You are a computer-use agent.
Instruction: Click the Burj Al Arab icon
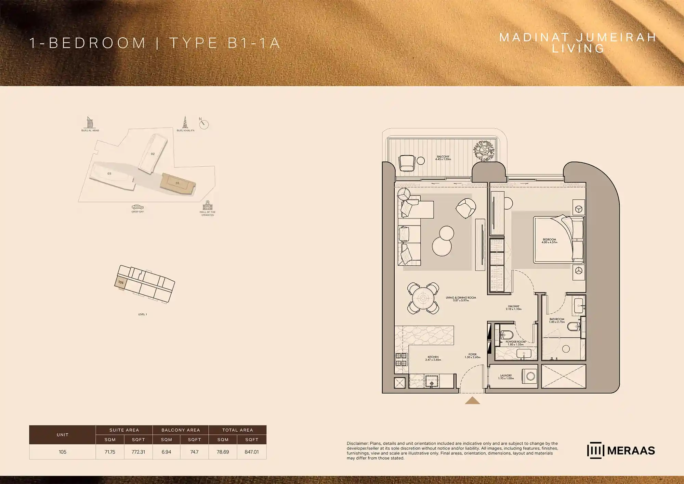coord(90,122)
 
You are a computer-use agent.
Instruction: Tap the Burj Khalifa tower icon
coord(185,122)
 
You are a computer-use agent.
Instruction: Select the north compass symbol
coord(204,124)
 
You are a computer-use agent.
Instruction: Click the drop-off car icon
coord(137,207)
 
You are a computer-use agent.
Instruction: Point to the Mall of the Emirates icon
coord(208,205)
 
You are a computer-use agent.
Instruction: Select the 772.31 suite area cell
coord(138,452)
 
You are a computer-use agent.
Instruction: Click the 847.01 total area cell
coord(251,452)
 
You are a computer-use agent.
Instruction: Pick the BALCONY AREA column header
coord(181,430)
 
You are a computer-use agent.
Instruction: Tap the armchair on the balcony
coord(407,163)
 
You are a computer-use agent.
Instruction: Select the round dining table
coord(423,298)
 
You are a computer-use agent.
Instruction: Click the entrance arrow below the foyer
coord(472,400)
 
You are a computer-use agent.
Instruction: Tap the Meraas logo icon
coord(595,450)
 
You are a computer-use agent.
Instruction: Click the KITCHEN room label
coord(433,357)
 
